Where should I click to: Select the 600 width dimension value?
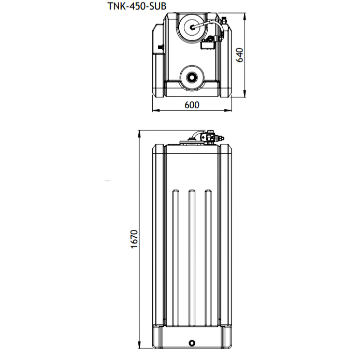(x=192, y=105)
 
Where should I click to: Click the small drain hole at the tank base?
(x=192, y=342)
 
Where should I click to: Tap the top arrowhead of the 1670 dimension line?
(x=140, y=133)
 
